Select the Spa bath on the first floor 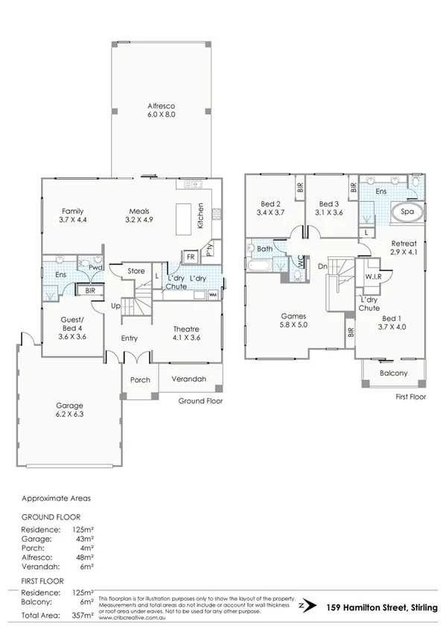coord(407,212)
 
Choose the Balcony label coord(393,373)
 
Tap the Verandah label coord(190,379)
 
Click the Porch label coord(140,379)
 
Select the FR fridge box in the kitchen coord(191,256)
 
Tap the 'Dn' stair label coord(322,266)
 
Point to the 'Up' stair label coord(115,306)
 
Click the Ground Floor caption coord(201,400)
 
